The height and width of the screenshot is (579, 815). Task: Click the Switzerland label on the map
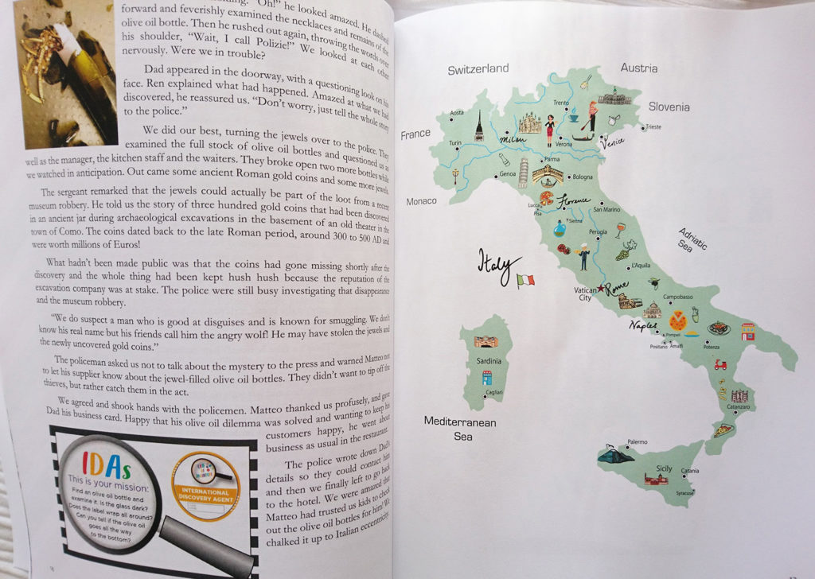tap(478, 69)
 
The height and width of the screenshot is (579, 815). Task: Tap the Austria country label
tap(638, 68)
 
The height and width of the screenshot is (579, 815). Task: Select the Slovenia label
tap(669, 107)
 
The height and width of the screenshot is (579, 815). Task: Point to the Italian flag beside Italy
tap(525, 280)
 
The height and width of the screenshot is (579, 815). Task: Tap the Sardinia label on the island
tap(489, 360)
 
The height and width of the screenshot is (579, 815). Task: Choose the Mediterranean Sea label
tap(459, 429)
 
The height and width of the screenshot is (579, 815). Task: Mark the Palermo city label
tap(638, 441)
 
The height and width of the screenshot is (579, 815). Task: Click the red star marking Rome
tap(600, 288)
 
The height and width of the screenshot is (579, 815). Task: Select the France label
tap(415, 134)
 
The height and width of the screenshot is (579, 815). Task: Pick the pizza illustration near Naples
tap(678, 321)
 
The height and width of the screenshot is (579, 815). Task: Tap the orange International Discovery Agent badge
tap(205, 484)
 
